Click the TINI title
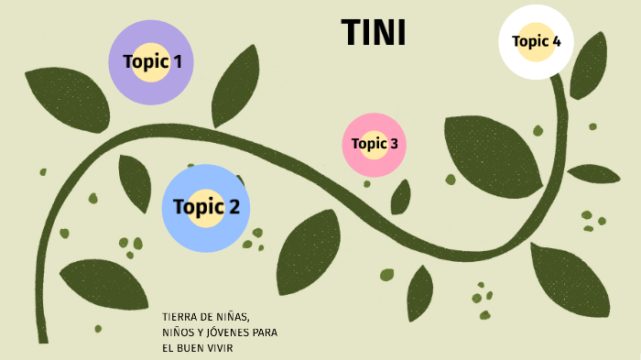click(374, 32)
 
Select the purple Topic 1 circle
click(151, 62)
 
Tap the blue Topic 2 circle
click(206, 208)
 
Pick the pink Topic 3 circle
click(374, 145)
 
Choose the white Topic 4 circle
click(536, 42)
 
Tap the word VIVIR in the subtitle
click(222, 348)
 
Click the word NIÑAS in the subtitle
click(233, 317)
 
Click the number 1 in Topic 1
click(178, 61)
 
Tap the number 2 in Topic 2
click(234, 206)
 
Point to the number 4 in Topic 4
click(557, 41)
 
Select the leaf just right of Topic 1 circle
click(235, 87)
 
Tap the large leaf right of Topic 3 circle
click(493, 156)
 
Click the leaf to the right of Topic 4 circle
click(589, 66)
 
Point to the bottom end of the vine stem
click(43, 342)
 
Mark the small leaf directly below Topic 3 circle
click(401, 197)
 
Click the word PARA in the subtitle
click(265, 333)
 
